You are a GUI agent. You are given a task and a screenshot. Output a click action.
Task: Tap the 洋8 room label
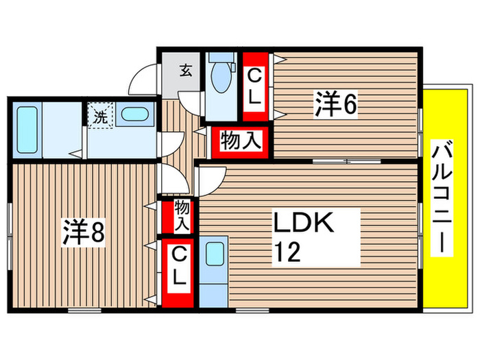point(84,232)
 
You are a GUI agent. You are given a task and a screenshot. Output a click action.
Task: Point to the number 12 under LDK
point(287,254)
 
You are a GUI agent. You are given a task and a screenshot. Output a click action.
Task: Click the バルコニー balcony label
point(442,197)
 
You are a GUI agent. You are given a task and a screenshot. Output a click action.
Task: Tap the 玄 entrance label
point(185,69)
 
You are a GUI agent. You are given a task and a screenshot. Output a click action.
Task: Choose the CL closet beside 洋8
point(177,270)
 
